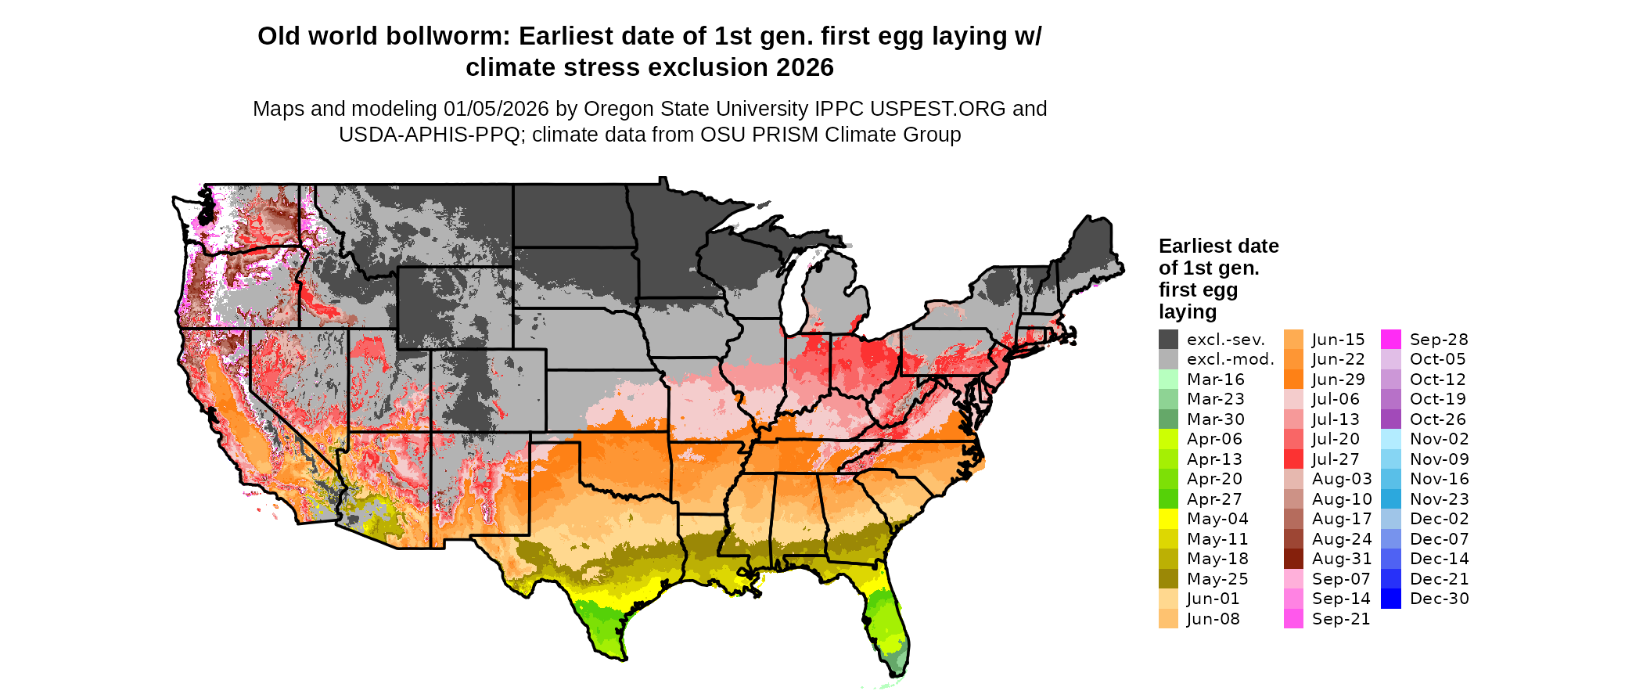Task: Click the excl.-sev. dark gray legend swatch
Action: tap(1168, 339)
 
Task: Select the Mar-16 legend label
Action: tap(1215, 380)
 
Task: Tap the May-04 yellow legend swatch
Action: tap(1168, 519)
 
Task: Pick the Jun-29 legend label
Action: tap(1338, 380)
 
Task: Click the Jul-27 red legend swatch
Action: tap(1293, 459)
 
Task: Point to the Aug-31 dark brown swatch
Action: tap(1293, 559)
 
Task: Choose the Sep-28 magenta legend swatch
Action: tap(1391, 339)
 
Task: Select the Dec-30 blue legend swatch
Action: tap(1391, 599)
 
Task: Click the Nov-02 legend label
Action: tap(1439, 439)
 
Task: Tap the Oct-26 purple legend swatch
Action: tap(1391, 419)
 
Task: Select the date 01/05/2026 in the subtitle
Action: tap(496, 109)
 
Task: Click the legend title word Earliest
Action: tap(1195, 246)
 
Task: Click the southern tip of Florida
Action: tap(900, 673)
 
